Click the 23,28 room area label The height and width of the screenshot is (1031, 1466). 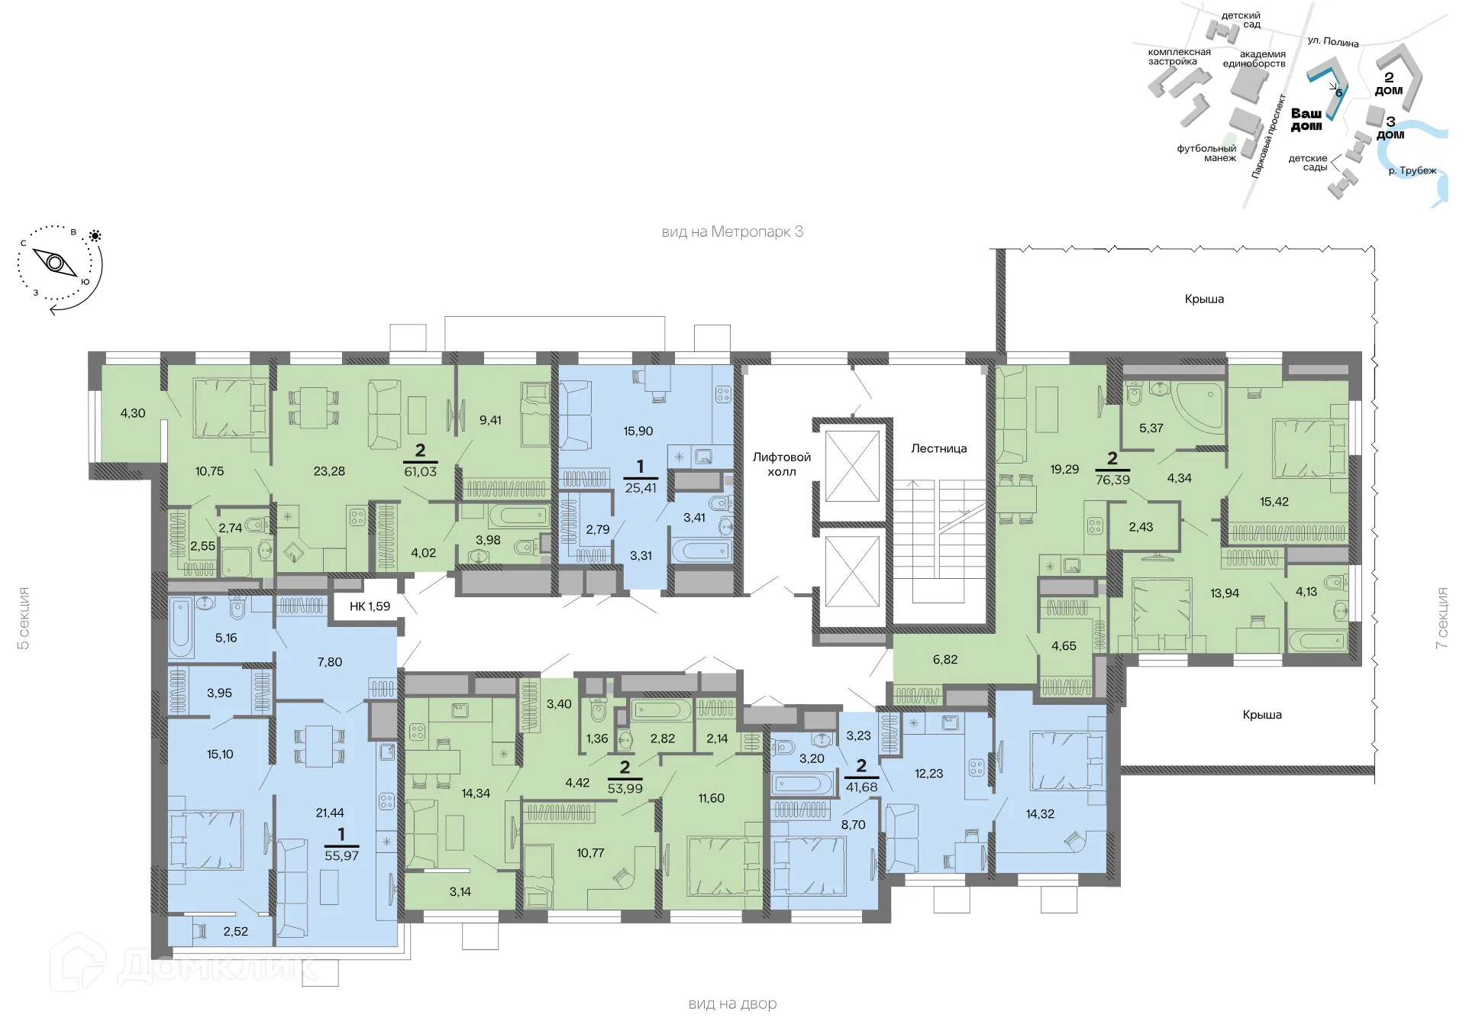tap(329, 471)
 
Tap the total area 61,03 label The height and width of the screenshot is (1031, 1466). tap(420, 472)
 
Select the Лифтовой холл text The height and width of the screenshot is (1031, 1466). tap(781, 464)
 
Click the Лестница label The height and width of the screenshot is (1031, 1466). tap(938, 448)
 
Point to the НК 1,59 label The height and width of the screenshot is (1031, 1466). tap(370, 606)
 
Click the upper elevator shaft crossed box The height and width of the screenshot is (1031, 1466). tap(852, 466)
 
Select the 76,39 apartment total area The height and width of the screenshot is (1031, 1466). tap(1112, 480)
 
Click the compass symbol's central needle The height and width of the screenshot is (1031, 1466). tap(55, 263)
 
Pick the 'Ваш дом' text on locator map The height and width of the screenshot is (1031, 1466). tap(1306, 119)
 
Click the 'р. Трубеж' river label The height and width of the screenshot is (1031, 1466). tap(1412, 170)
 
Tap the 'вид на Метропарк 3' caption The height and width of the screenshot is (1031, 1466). tap(732, 231)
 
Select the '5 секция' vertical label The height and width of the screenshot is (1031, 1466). tap(24, 619)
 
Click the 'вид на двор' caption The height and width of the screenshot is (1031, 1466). tap(732, 1004)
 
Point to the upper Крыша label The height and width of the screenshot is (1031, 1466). tap(1204, 299)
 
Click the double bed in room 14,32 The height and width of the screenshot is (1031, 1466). tap(1067, 761)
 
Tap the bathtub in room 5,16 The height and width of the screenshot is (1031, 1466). tap(182, 629)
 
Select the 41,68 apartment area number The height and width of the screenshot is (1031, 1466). tap(861, 787)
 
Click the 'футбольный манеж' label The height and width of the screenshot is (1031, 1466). tap(1206, 153)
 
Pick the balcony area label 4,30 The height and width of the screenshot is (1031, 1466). tap(133, 413)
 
